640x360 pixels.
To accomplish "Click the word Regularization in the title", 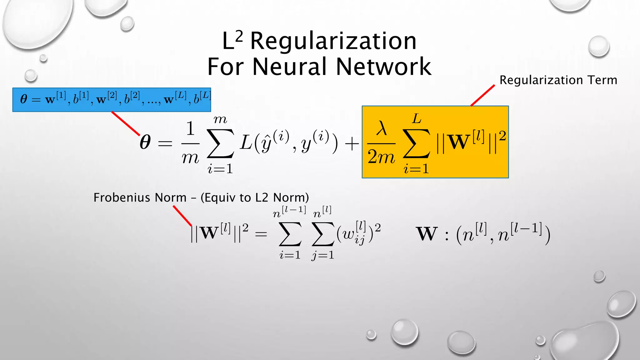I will click(333, 41).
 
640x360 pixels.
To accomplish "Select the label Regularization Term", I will click(558, 80).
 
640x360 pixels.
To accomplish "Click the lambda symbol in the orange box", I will click(381, 128).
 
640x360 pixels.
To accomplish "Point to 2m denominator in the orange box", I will click(381, 157).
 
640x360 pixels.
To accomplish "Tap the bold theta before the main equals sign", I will click(145, 142).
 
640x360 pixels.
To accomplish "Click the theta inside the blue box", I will click(23, 99).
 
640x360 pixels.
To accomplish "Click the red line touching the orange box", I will click(483, 95).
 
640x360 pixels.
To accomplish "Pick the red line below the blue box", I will click(126, 123).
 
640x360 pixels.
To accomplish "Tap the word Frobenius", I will click(122, 197).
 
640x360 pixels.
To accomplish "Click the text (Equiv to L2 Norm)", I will click(254, 197).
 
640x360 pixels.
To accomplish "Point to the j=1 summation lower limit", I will click(322, 256).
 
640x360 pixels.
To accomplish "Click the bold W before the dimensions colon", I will click(427, 234).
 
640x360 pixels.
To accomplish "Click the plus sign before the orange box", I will click(352, 144).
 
